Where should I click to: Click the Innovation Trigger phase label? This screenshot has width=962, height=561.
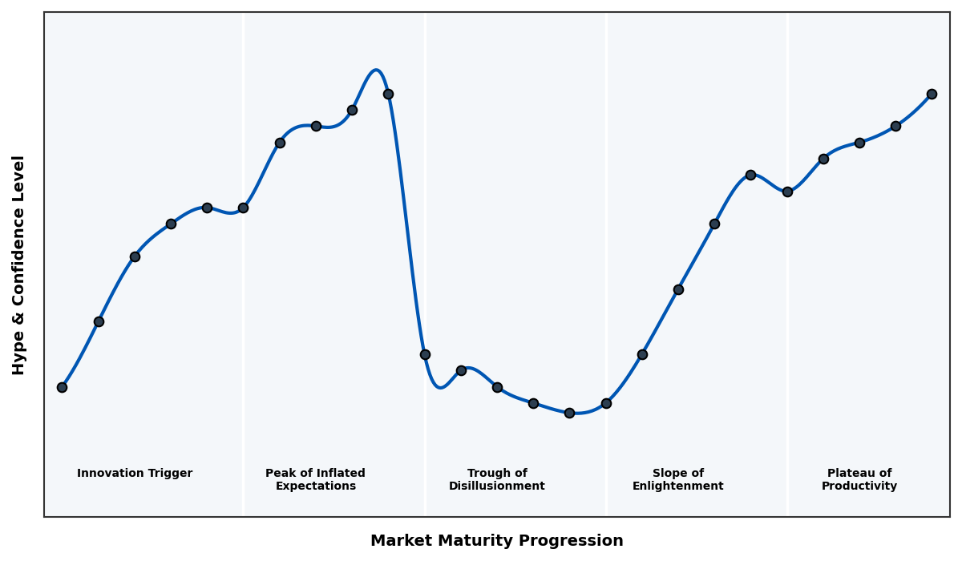[x=135, y=474]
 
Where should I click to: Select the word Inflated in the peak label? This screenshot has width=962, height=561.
[x=338, y=474]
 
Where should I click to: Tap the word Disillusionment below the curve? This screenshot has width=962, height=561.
[x=497, y=486]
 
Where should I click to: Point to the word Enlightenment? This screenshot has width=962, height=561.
[x=678, y=486]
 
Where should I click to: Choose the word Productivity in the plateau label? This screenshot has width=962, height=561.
[x=859, y=486]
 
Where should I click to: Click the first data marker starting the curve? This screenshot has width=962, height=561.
[x=62, y=387]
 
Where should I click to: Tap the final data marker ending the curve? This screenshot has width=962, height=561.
[x=932, y=94]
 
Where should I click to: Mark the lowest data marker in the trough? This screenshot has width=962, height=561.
[x=569, y=413]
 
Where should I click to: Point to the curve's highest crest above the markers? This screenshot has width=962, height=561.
[x=376, y=71]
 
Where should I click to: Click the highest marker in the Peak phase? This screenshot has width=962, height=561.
[x=388, y=94]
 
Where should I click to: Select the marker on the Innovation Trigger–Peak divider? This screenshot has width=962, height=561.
[x=243, y=208]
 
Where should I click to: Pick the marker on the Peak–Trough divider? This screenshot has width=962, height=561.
[x=425, y=354]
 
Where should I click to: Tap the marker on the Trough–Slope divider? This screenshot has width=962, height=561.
[x=606, y=403]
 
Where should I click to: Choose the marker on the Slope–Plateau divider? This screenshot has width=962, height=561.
[x=787, y=192]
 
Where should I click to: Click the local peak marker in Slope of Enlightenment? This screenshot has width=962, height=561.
[x=750, y=175]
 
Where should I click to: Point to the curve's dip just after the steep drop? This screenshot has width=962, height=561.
[x=439, y=387]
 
